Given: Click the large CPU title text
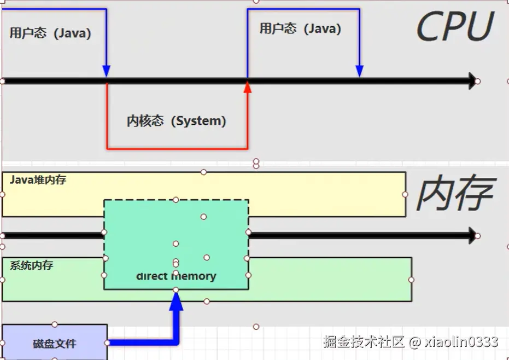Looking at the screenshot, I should (455, 27).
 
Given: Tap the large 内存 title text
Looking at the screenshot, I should (455, 194).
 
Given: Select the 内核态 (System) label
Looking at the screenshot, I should (176, 121).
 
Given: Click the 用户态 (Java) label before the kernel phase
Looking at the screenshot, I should (50, 33).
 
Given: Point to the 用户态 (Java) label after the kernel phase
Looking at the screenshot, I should (300, 28).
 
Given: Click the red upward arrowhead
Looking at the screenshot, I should (247, 87).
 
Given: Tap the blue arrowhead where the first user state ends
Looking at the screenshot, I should (106, 71).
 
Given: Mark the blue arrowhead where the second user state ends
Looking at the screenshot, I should (359, 71).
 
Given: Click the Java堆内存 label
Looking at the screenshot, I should (38, 179).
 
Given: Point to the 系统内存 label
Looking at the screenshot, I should (32, 265).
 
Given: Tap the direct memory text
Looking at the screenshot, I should (176, 276).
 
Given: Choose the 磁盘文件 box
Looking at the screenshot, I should (54, 343).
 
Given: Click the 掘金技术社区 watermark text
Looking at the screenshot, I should (364, 342).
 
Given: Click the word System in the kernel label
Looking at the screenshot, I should (199, 121).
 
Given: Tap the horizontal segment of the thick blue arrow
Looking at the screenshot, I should (142, 342).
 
